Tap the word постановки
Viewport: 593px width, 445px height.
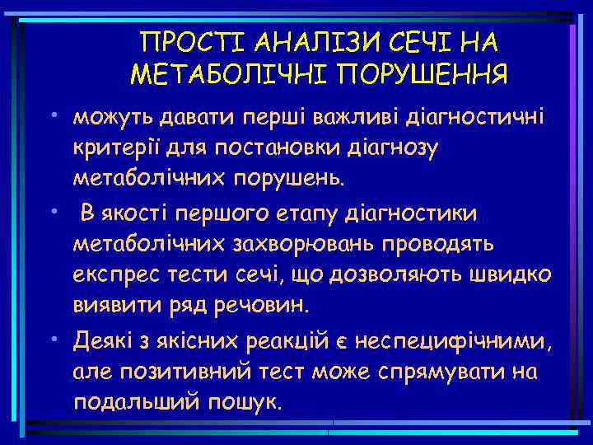click(264, 148)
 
